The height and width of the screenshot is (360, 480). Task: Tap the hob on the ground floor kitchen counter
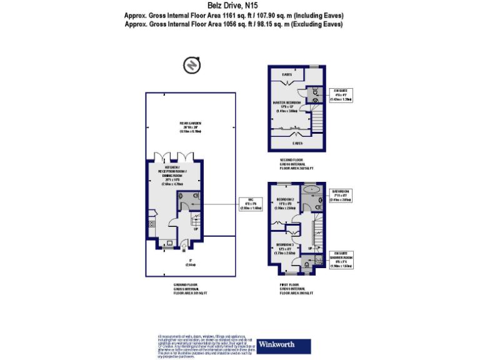coord(151,224)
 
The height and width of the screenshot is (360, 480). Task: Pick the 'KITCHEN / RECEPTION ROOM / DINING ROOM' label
coord(171,176)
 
